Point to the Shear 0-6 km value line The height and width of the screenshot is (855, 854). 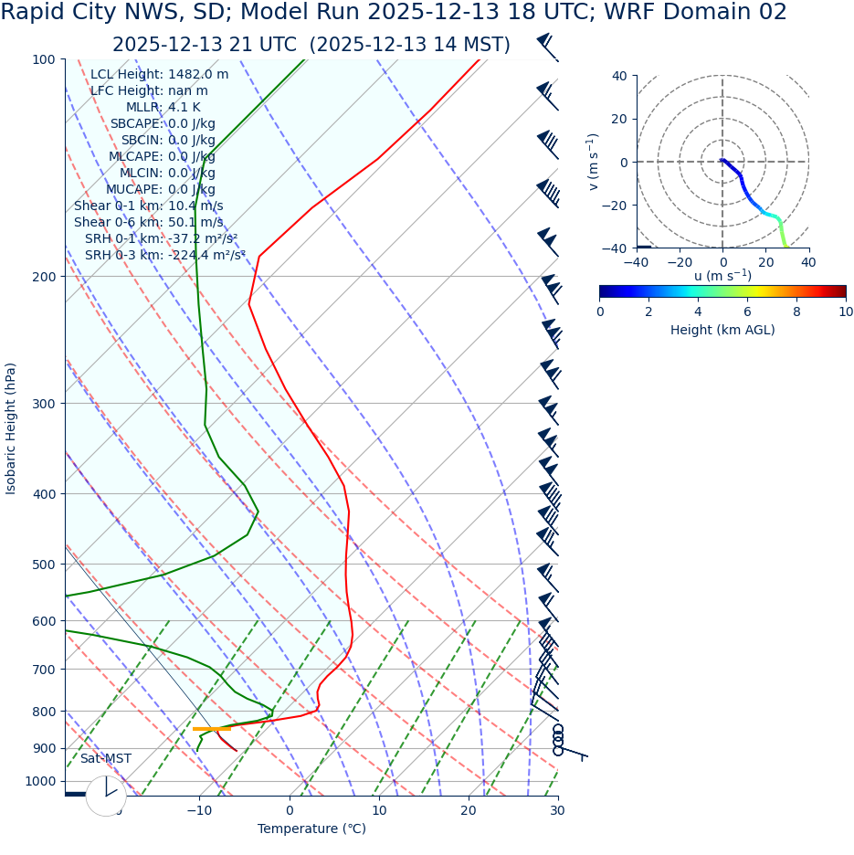click(148, 222)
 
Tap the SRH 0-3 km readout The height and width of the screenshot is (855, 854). click(164, 255)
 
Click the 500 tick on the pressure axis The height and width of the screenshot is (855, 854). click(44, 565)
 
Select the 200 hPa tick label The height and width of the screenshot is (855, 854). click(44, 277)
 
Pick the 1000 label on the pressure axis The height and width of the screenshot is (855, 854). click(40, 781)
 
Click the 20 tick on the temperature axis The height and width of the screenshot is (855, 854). click(468, 810)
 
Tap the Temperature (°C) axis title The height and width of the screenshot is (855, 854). click(311, 829)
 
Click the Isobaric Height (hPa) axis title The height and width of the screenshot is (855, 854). click(11, 428)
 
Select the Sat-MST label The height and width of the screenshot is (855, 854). click(105, 758)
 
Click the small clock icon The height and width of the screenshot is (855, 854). click(106, 796)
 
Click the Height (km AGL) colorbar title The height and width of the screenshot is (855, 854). click(722, 330)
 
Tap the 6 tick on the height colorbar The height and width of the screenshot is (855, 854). click(747, 311)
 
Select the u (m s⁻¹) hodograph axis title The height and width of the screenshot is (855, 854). click(722, 276)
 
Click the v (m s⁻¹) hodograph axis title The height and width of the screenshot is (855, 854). click(594, 162)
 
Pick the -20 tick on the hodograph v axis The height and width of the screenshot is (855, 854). click(617, 205)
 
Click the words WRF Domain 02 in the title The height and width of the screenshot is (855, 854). click(708, 13)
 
